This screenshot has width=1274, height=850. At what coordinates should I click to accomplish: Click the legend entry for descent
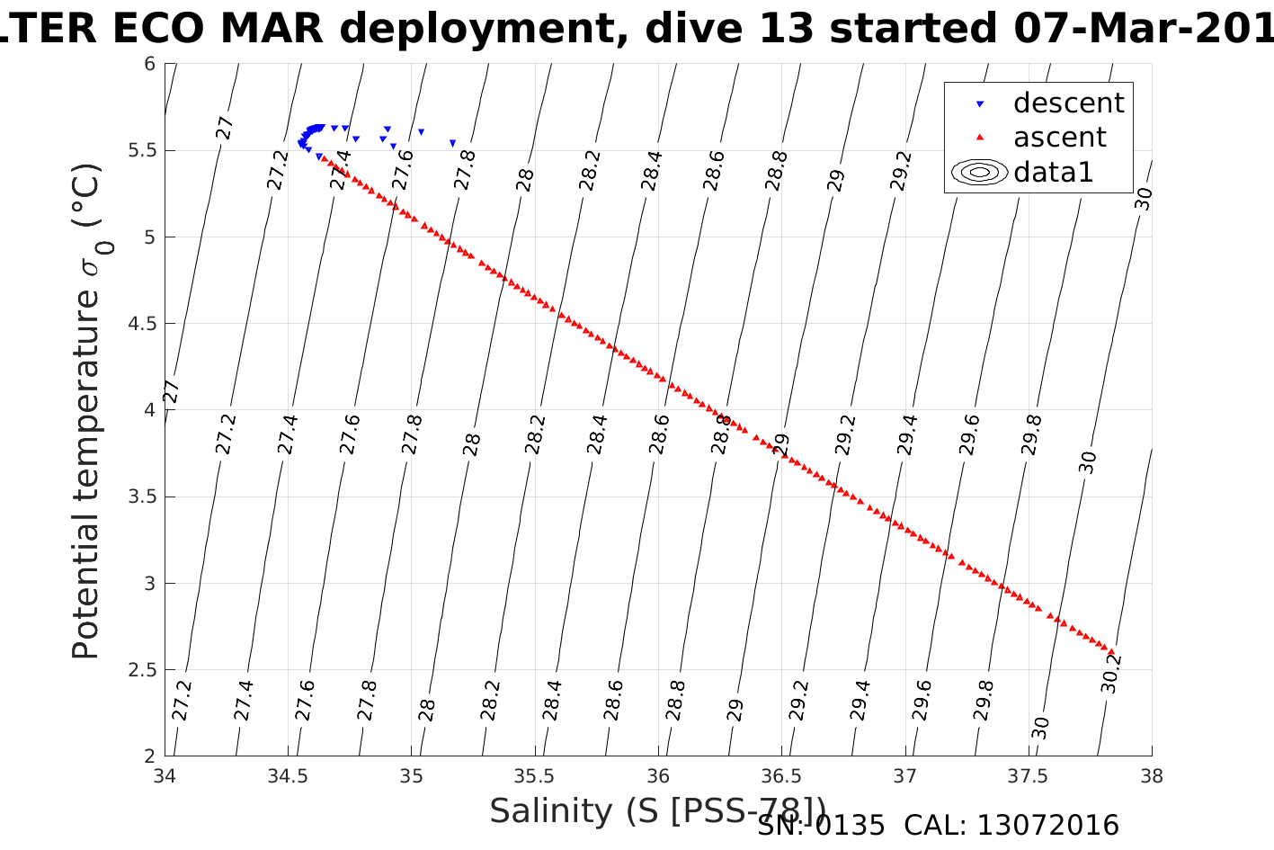1068,103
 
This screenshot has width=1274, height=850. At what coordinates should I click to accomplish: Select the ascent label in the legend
1060,138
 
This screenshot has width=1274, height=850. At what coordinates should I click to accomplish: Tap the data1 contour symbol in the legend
979,172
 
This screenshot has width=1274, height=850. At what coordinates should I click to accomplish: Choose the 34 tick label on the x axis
165,776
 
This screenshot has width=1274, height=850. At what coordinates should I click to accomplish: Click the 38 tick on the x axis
1152,776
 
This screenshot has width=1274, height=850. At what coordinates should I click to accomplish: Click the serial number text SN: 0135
821,826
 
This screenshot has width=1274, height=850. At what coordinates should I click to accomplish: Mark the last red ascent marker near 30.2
1111,652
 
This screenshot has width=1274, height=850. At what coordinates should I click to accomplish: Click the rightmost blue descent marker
452,143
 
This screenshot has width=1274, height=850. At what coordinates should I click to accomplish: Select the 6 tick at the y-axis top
149,64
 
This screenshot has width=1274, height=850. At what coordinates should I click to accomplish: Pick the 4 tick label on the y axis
149,410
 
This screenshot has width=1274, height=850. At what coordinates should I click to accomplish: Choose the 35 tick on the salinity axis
412,776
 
